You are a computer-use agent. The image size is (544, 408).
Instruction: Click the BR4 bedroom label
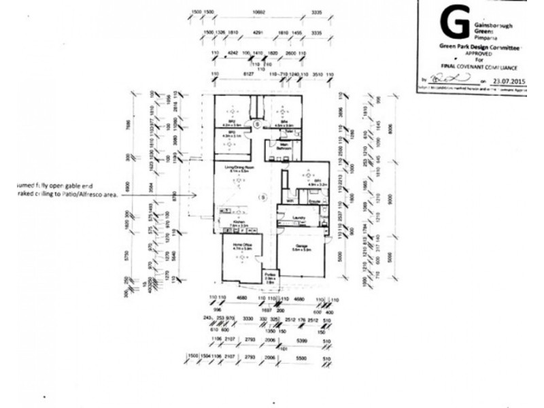(283, 121)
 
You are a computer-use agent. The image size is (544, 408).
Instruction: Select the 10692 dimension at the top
(258, 13)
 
